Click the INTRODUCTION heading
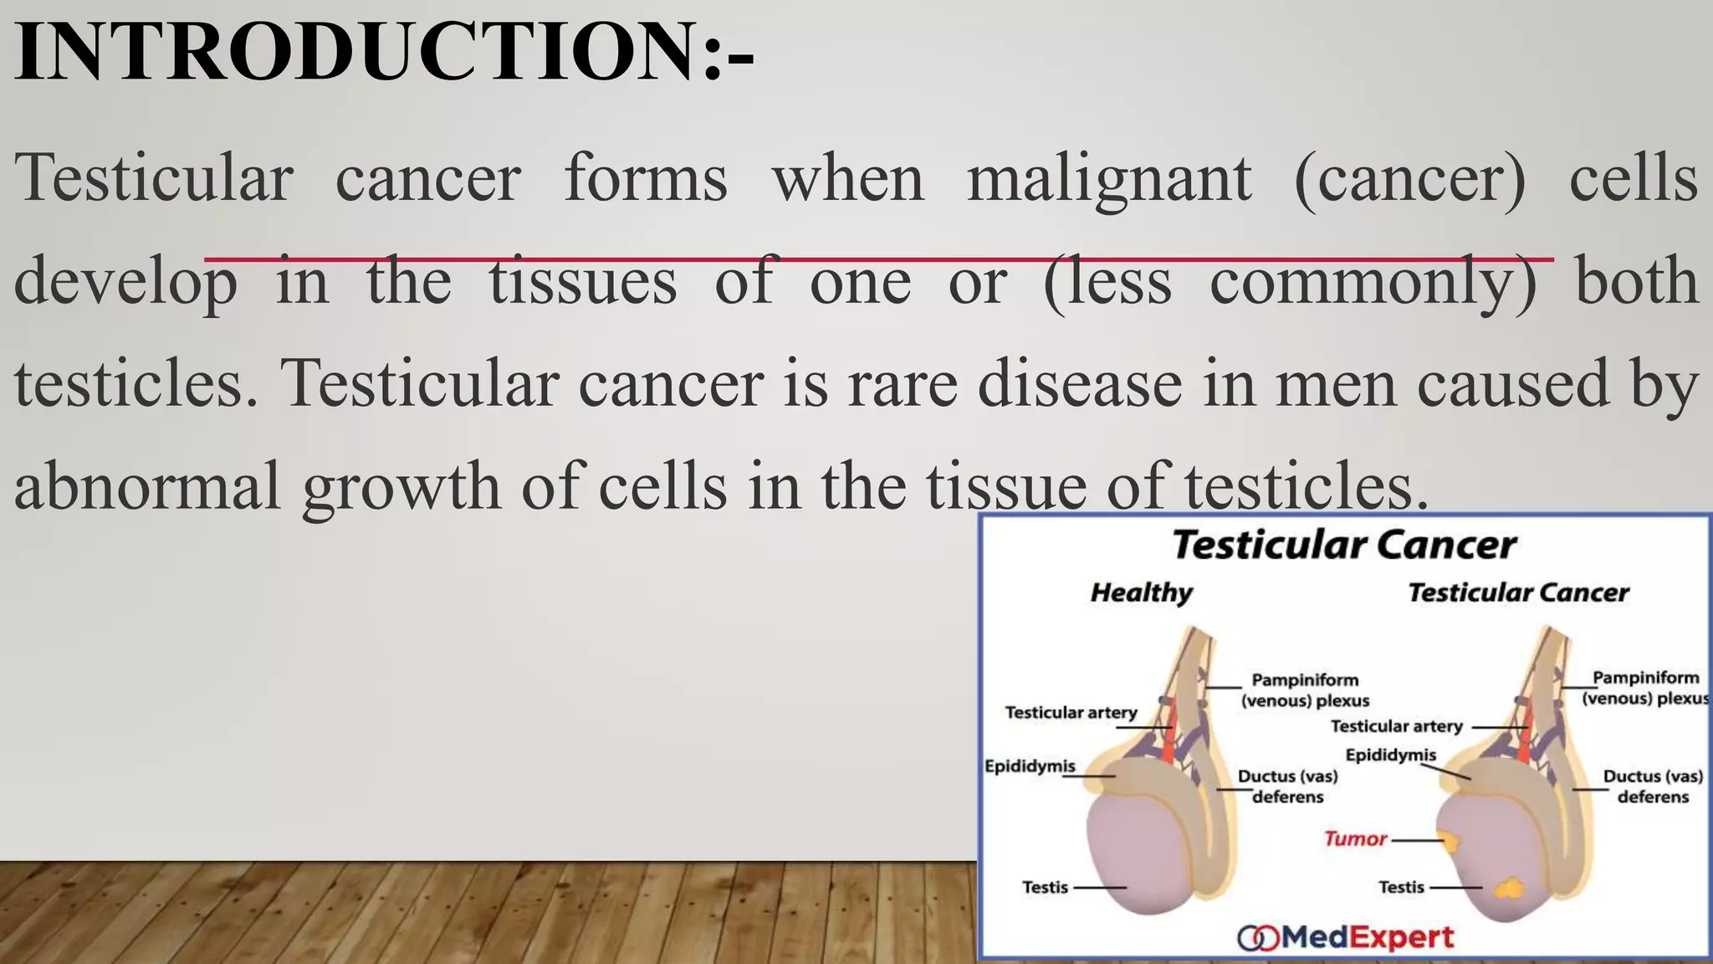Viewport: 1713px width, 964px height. (383, 52)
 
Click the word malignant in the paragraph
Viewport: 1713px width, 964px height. (1109, 178)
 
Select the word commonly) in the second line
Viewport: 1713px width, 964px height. (1373, 282)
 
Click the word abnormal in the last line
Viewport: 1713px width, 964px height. (147, 486)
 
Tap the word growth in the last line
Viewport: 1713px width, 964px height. (401, 488)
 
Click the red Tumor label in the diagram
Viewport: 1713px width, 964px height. (1355, 838)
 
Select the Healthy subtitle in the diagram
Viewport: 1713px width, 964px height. (1142, 592)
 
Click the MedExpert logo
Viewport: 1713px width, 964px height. (1346, 937)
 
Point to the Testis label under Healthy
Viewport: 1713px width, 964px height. (1045, 887)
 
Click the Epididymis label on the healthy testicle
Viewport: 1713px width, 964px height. (1030, 766)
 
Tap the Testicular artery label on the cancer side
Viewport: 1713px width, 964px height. (1396, 726)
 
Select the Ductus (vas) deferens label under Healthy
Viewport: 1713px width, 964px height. (1287, 787)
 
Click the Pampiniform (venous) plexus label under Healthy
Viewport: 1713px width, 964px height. (1305, 690)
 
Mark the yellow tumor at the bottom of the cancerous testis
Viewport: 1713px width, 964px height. (1510, 887)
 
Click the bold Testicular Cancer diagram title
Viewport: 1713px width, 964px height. (1343, 545)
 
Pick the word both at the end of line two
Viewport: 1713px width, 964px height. (1636, 281)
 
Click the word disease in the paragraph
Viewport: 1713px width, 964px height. (1080, 384)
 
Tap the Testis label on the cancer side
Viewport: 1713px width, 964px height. (1401, 887)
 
